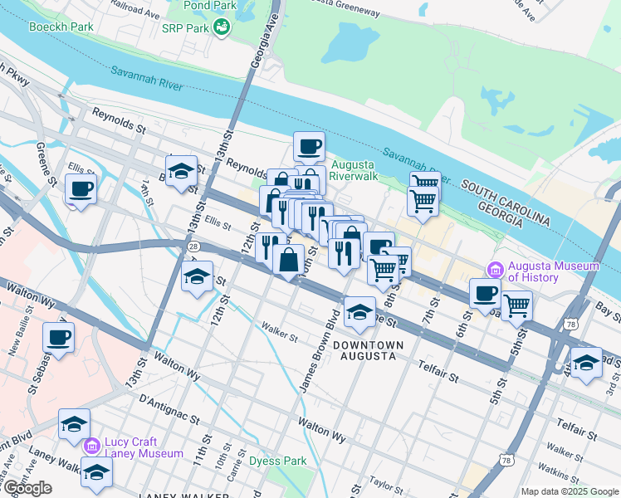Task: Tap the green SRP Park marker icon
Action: (222, 28)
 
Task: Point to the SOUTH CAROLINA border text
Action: (506, 200)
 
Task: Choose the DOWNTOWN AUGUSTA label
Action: (369, 350)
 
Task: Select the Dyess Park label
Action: (277, 461)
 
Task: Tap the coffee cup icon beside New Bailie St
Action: (58, 336)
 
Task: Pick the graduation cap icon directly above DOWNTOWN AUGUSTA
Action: (359, 310)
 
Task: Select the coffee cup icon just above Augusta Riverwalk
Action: (309, 146)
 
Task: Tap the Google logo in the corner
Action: (27, 488)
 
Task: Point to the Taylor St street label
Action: (386, 481)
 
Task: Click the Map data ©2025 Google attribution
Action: (569, 491)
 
